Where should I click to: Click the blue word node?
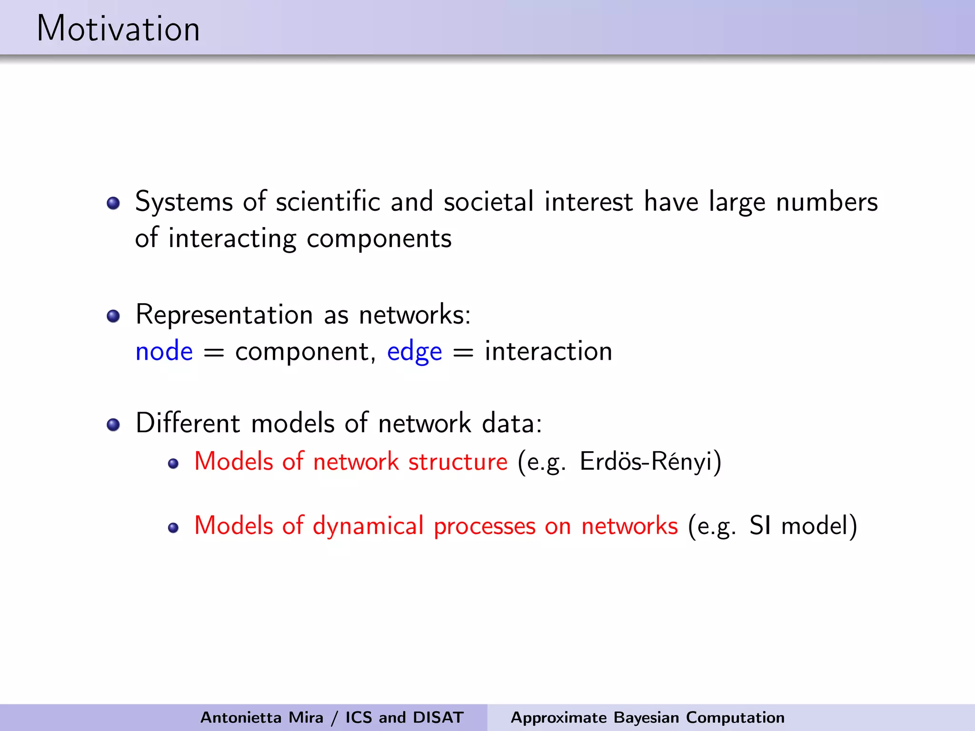point(164,352)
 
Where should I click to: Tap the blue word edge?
point(414,353)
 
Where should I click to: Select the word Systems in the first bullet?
point(184,202)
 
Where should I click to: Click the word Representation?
point(224,315)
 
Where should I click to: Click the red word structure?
point(458,462)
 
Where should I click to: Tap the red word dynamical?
point(368,526)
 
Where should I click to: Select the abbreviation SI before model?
point(760,526)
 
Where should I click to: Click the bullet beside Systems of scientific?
point(113,204)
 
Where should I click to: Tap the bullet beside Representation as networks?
point(113,316)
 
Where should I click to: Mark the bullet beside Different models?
point(113,425)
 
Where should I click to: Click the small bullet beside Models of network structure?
point(173,464)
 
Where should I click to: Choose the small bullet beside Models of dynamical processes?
point(173,528)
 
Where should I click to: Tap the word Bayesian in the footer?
point(646,717)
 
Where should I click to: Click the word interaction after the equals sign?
point(548,352)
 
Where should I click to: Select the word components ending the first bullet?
point(379,239)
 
